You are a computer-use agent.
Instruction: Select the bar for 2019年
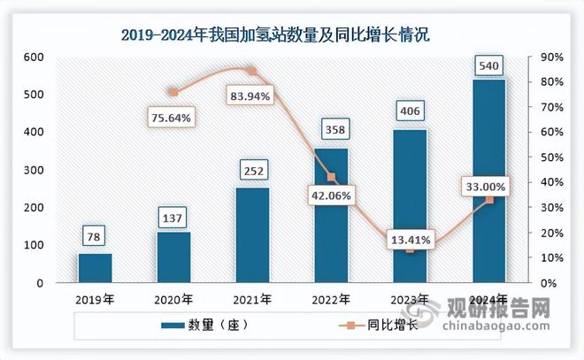(x=95, y=268)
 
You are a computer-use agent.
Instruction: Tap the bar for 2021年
(x=252, y=234)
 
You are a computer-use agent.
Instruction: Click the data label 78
(x=95, y=236)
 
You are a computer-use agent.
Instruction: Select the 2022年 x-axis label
(x=331, y=299)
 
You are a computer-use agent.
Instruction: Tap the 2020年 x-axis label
(x=173, y=299)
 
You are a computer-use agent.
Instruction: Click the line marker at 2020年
(x=173, y=92)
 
